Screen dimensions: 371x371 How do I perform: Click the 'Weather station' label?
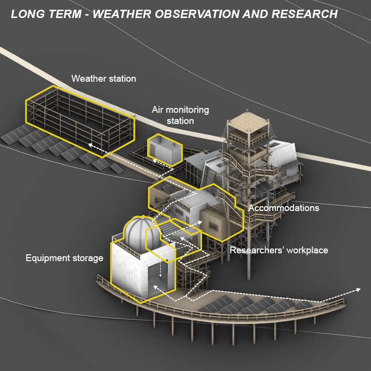pos(104,79)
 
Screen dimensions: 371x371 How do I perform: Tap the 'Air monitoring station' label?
pos(180,115)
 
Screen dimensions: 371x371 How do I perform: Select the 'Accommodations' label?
pos(283,208)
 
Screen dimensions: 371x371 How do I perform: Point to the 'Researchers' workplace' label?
pos(279,250)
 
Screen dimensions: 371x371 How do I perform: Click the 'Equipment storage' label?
pos(64,258)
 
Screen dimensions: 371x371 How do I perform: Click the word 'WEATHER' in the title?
pos(122,14)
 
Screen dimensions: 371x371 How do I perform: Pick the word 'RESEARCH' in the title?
pos(305,14)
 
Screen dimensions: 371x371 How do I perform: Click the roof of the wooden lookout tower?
pos(248,122)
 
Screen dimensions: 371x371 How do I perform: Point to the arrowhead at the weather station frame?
pos(90,144)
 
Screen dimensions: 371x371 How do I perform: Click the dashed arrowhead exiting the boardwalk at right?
pos(358,289)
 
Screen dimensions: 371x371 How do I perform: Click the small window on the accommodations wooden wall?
pos(213,227)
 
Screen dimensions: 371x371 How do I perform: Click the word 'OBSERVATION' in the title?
pos(197,14)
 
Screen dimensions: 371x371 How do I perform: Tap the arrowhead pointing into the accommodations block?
pos(200,222)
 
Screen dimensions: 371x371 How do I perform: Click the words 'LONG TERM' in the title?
pos(46,14)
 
